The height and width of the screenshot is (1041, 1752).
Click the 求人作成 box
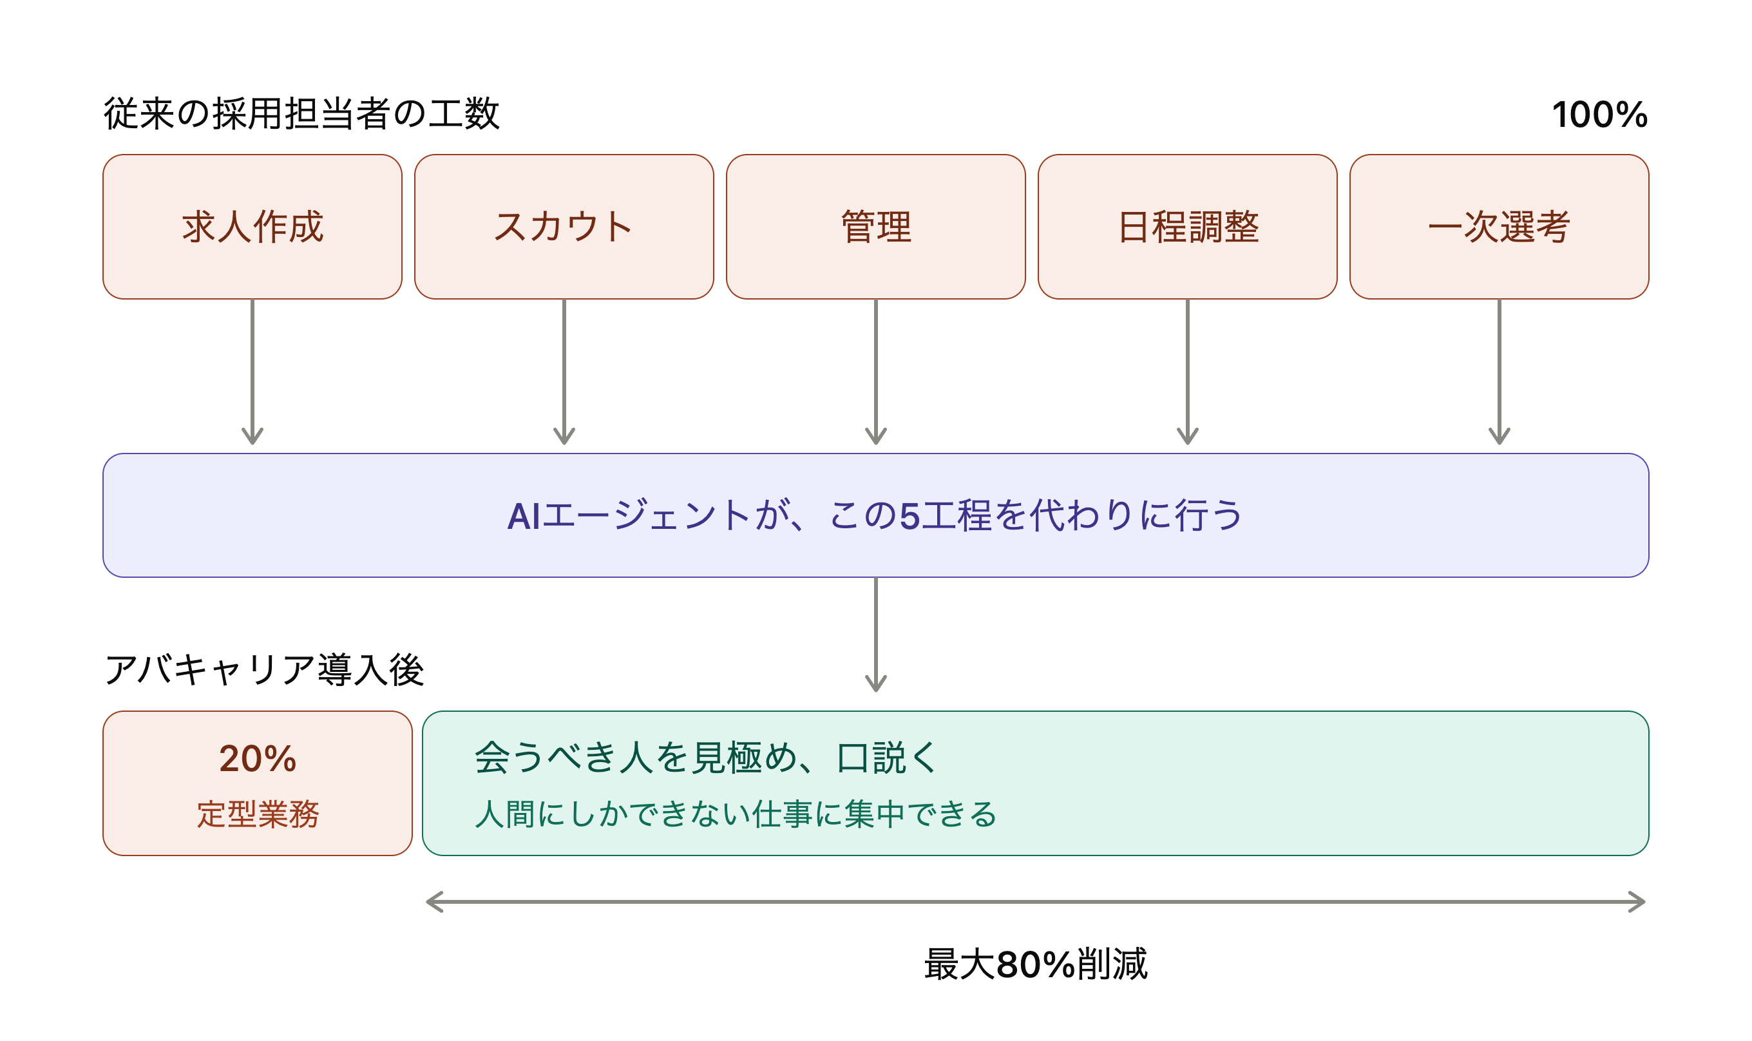252,227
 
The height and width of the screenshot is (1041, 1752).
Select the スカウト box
564,227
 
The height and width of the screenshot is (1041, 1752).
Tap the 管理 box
876,227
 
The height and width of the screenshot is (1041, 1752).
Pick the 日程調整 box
1187,227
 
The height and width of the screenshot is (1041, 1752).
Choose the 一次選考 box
1500,227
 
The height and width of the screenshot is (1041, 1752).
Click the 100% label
1600,114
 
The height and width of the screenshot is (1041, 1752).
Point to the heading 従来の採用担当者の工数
301,113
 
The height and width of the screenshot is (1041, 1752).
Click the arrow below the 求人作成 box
252,372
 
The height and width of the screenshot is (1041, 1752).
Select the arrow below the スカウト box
564,372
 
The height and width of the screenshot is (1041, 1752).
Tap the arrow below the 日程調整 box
1187,372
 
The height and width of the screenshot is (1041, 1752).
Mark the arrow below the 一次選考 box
1500,372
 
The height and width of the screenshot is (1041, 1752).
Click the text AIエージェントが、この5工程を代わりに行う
875,515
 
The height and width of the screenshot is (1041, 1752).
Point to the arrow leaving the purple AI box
876,635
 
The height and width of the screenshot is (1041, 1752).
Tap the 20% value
258,758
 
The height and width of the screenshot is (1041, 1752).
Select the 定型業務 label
258,814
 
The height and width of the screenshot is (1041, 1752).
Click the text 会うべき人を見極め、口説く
705,758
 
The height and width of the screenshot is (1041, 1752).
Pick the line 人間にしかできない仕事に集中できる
736,814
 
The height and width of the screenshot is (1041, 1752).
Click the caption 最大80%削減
1036,964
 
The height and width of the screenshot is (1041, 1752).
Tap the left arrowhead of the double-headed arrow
428,902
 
